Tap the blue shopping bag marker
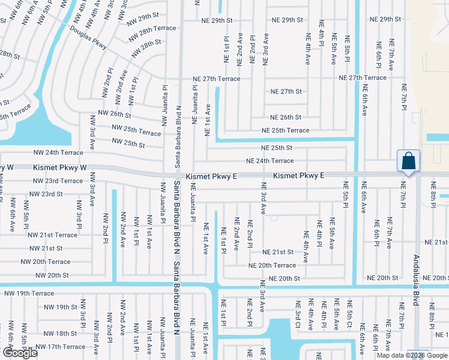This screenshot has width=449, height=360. click(408, 161)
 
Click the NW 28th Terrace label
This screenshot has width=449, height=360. click(151, 28)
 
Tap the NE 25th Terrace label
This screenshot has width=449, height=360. click(285, 131)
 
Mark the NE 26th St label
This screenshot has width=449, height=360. click(286, 118)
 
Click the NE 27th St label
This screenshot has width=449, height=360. click(286, 92)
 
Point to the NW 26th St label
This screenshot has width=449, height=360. click(114, 113)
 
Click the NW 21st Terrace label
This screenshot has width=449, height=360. click(53, 235)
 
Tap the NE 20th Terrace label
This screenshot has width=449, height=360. click(273, 265)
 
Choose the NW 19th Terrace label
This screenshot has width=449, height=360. click(29, 293)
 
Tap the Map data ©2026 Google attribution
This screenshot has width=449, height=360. click(412, 355)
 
